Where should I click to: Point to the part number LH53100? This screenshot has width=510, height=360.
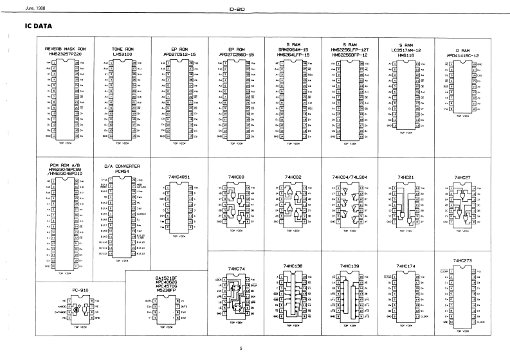tap(122, 55)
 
